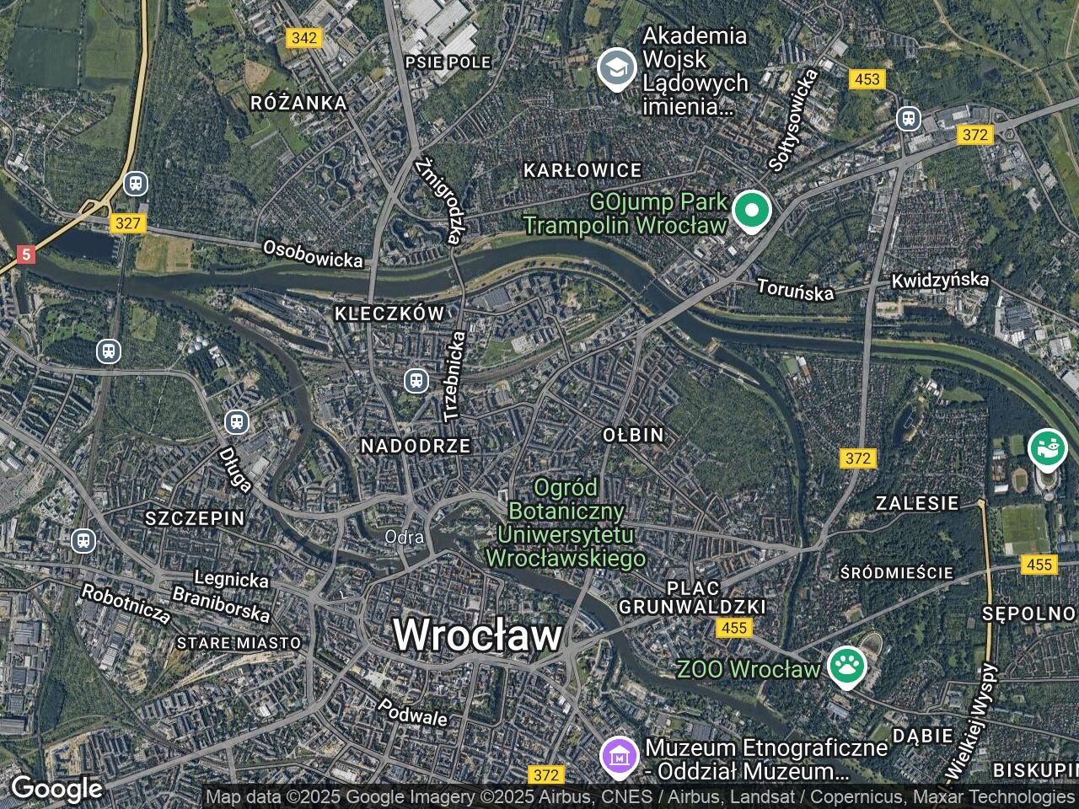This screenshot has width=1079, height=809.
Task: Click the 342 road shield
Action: point(303,37)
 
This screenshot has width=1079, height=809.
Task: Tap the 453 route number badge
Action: point(867,79)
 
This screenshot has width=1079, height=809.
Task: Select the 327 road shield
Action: point(127,223)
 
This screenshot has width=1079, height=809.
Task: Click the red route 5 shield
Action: point(26,254)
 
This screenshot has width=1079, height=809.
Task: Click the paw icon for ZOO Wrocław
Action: point(845,666)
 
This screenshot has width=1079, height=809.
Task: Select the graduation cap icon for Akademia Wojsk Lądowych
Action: point(617,69)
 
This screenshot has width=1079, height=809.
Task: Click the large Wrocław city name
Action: point(477,635)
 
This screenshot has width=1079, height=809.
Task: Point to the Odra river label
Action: point(404,537)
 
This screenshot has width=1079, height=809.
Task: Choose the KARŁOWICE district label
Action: point(582,170)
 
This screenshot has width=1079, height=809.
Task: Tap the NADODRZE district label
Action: point(416,446)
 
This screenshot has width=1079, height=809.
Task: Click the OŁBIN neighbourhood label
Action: point(633,435)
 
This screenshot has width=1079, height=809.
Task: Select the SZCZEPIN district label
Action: point(195,518)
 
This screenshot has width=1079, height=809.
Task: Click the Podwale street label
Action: point(412,712)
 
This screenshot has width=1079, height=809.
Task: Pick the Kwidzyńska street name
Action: point(940,279)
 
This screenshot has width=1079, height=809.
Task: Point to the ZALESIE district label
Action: point(917,503)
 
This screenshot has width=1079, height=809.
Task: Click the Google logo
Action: point(56,789)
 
